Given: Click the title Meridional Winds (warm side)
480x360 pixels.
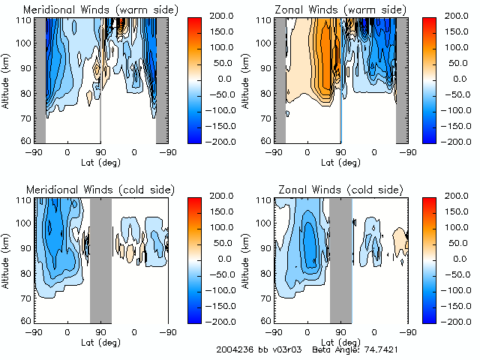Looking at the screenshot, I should [x=100, y=10].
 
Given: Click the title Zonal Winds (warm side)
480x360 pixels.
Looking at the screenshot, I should [x=340, y=10].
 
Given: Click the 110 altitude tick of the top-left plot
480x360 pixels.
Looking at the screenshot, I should [x=25, y=20].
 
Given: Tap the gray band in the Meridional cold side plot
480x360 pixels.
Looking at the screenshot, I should [x=100, y=259].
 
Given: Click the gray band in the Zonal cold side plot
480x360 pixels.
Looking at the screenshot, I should [x=340, y=259].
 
